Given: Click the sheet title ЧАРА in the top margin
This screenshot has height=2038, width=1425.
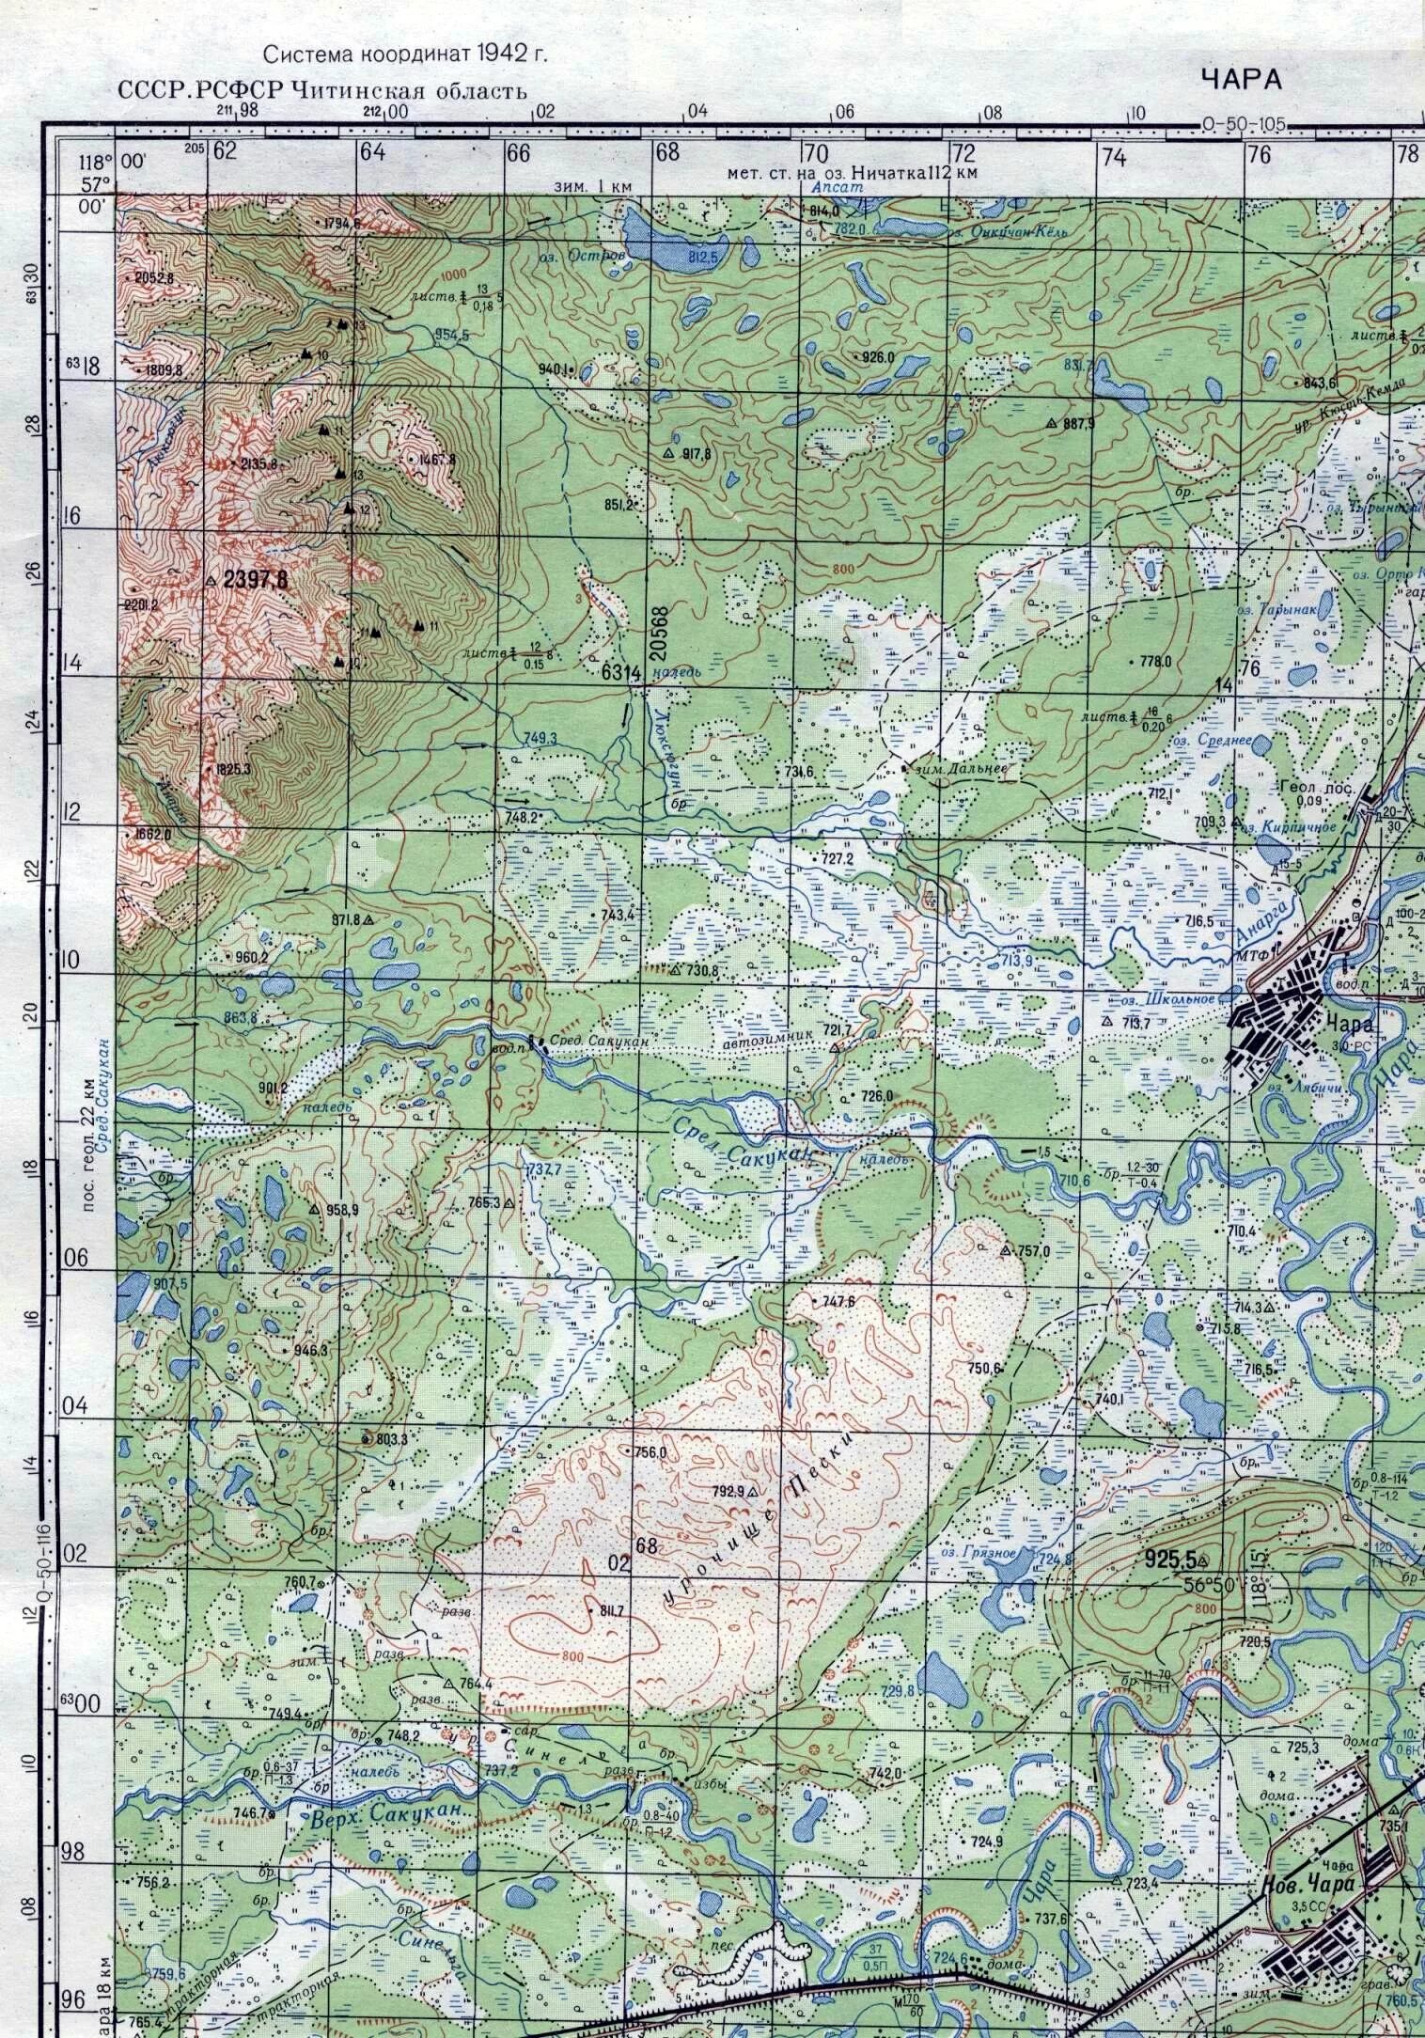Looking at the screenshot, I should click(x=1241, y=80).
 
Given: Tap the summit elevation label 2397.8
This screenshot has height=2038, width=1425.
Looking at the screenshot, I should click(x=255, y=581).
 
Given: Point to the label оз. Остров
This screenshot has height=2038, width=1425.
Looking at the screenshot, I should click(x=601, y=256).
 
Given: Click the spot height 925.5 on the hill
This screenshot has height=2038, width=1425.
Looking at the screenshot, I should click(x=1169, y=1560).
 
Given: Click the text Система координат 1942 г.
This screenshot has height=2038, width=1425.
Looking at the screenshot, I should click(x=404, y=55).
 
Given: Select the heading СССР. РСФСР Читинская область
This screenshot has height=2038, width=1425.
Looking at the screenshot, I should click(x=322, y=91).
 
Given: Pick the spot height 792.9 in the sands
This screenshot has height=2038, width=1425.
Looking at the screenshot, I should click(x=728, y=1491).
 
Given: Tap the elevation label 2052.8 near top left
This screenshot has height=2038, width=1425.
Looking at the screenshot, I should click(x=154, y=277).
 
